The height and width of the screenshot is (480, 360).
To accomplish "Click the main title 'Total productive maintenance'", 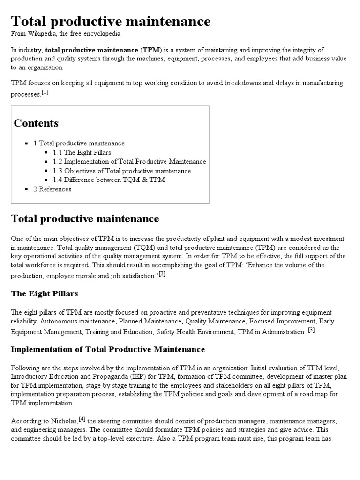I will click(111, 22).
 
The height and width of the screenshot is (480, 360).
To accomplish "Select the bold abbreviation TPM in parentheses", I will click(150, 50).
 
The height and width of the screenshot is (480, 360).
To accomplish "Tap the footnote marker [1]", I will click(45, 92).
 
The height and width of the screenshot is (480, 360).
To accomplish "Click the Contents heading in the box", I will click(36, 123).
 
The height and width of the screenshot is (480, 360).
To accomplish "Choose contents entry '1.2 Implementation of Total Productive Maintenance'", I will click(129, 162).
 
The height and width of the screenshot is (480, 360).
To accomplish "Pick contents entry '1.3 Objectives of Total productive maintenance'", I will click(122, 171).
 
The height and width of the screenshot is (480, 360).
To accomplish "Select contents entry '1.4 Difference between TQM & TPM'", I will click(109, 180).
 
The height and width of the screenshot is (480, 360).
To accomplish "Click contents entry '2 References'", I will click(52, 189).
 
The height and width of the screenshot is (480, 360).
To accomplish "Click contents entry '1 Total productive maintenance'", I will click(79, 143).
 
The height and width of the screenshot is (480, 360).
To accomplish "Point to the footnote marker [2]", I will click(162, 274).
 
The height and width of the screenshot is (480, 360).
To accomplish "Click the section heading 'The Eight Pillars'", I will click(45, 294).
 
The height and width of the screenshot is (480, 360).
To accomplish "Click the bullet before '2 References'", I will click(27, 189).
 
